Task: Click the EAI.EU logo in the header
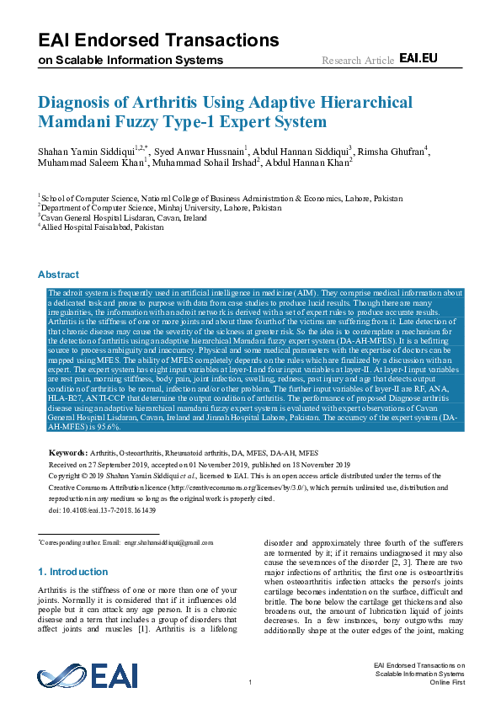click(418, 58)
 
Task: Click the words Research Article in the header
click(358, 61)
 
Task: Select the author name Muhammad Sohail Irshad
click(205, 163)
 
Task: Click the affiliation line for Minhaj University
click(161, 205)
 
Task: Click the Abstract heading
click(58, 274)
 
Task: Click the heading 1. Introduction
click(73, 572)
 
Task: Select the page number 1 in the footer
click(250, 681)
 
